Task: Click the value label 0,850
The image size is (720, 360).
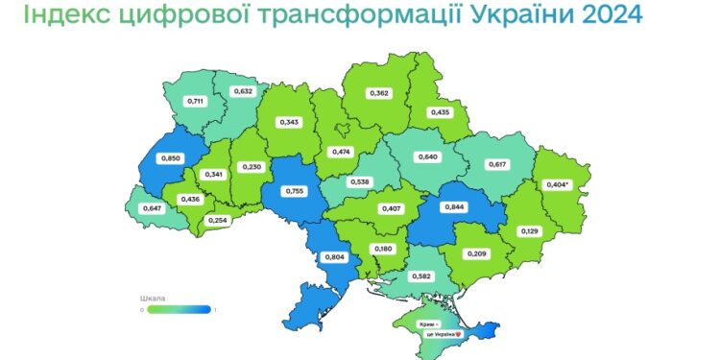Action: pyautogui.click(x=172, y=157)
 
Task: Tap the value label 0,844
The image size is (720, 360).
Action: pyautogui.click(x=454, y=205)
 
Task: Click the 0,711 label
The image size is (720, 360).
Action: pyautogui.click(x=196, y=100)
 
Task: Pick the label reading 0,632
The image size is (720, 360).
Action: pyautogui.click(x=245, y=91)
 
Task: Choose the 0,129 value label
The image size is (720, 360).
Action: pyautogui.click(x=530, y=231)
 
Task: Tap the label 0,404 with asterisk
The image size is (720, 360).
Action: pyautogui.click(x=558, y=182)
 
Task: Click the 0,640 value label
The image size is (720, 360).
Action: pyautogui.click(x=427, y=156)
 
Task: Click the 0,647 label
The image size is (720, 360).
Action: pyautogui.click(x=152, y=206)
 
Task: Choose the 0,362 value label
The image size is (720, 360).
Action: pyautogui.click(x=379, y=93)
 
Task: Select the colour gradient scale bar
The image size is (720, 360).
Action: pyautogui.click(x=179, y=309)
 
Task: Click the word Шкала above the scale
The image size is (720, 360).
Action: pyautogui.click(x=153, y=299)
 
